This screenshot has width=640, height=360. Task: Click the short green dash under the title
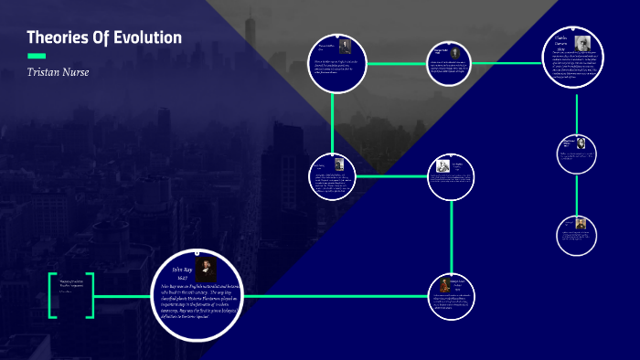click(37, 56)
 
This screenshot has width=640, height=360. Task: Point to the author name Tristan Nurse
click(59, 72)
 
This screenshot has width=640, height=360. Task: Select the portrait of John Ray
click(207, 270)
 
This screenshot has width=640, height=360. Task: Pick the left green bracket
click(53, 295)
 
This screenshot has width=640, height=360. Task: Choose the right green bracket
click(90, 295)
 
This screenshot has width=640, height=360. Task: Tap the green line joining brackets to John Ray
click(123, 296)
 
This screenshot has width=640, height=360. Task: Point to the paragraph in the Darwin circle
click(576, 66)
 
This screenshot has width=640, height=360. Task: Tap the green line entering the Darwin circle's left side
click(512, 63)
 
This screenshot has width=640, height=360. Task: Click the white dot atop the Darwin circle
click(575, 28)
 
